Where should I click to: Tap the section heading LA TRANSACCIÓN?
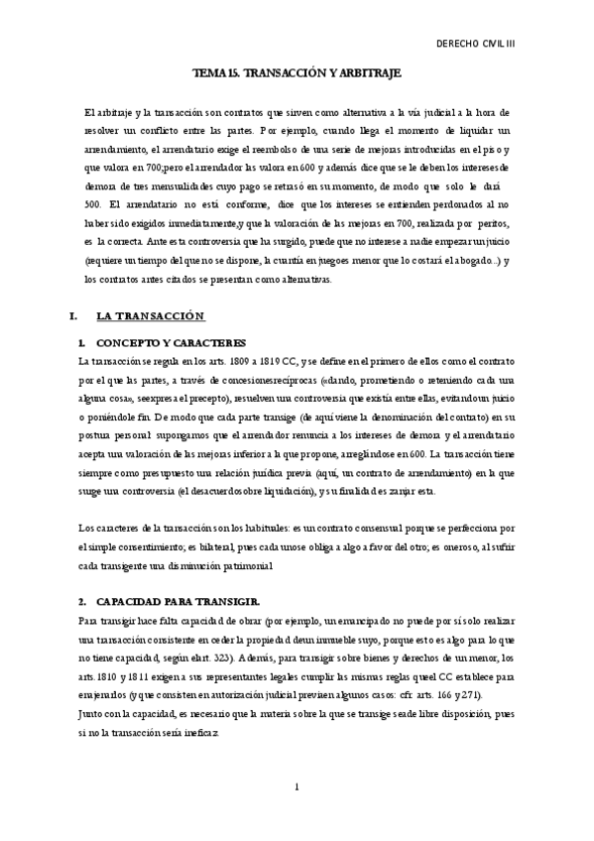[150, 316]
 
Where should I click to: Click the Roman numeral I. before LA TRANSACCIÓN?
[70, 316]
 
